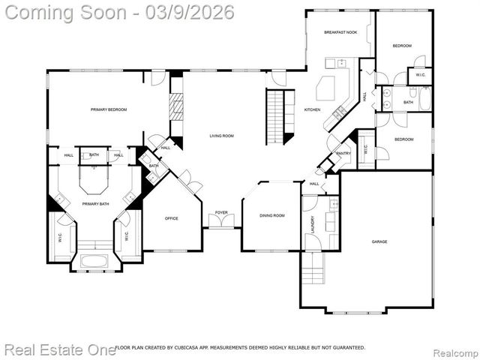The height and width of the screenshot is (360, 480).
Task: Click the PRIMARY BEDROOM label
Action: [109, 110]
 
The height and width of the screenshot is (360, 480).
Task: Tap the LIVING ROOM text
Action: [221, 136]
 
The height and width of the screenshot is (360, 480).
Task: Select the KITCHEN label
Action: [312, 110]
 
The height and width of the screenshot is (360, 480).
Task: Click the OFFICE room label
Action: [171, 218]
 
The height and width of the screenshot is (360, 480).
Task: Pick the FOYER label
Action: [221, 212]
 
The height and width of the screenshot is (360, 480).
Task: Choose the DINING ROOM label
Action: [272, 215]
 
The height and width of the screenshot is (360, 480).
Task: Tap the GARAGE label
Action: [380, 241]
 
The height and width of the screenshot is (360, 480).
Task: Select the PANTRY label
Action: [343, 154]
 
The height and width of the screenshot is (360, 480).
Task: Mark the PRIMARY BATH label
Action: [94, 203]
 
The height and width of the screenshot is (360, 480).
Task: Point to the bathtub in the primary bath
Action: [94, 262]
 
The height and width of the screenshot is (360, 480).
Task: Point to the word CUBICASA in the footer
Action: [189, 347]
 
